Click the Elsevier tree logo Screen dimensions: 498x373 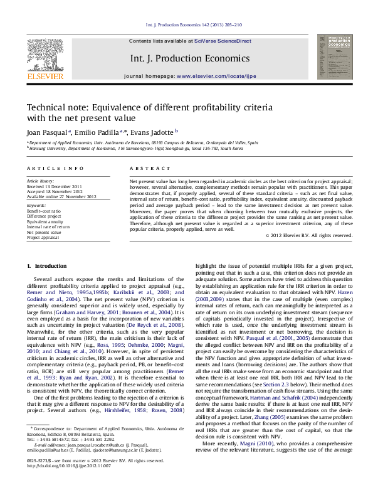(45, 55)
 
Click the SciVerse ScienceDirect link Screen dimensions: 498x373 (223, 41)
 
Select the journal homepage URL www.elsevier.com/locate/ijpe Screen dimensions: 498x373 (216, 76)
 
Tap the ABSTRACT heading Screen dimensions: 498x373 (142, 169)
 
